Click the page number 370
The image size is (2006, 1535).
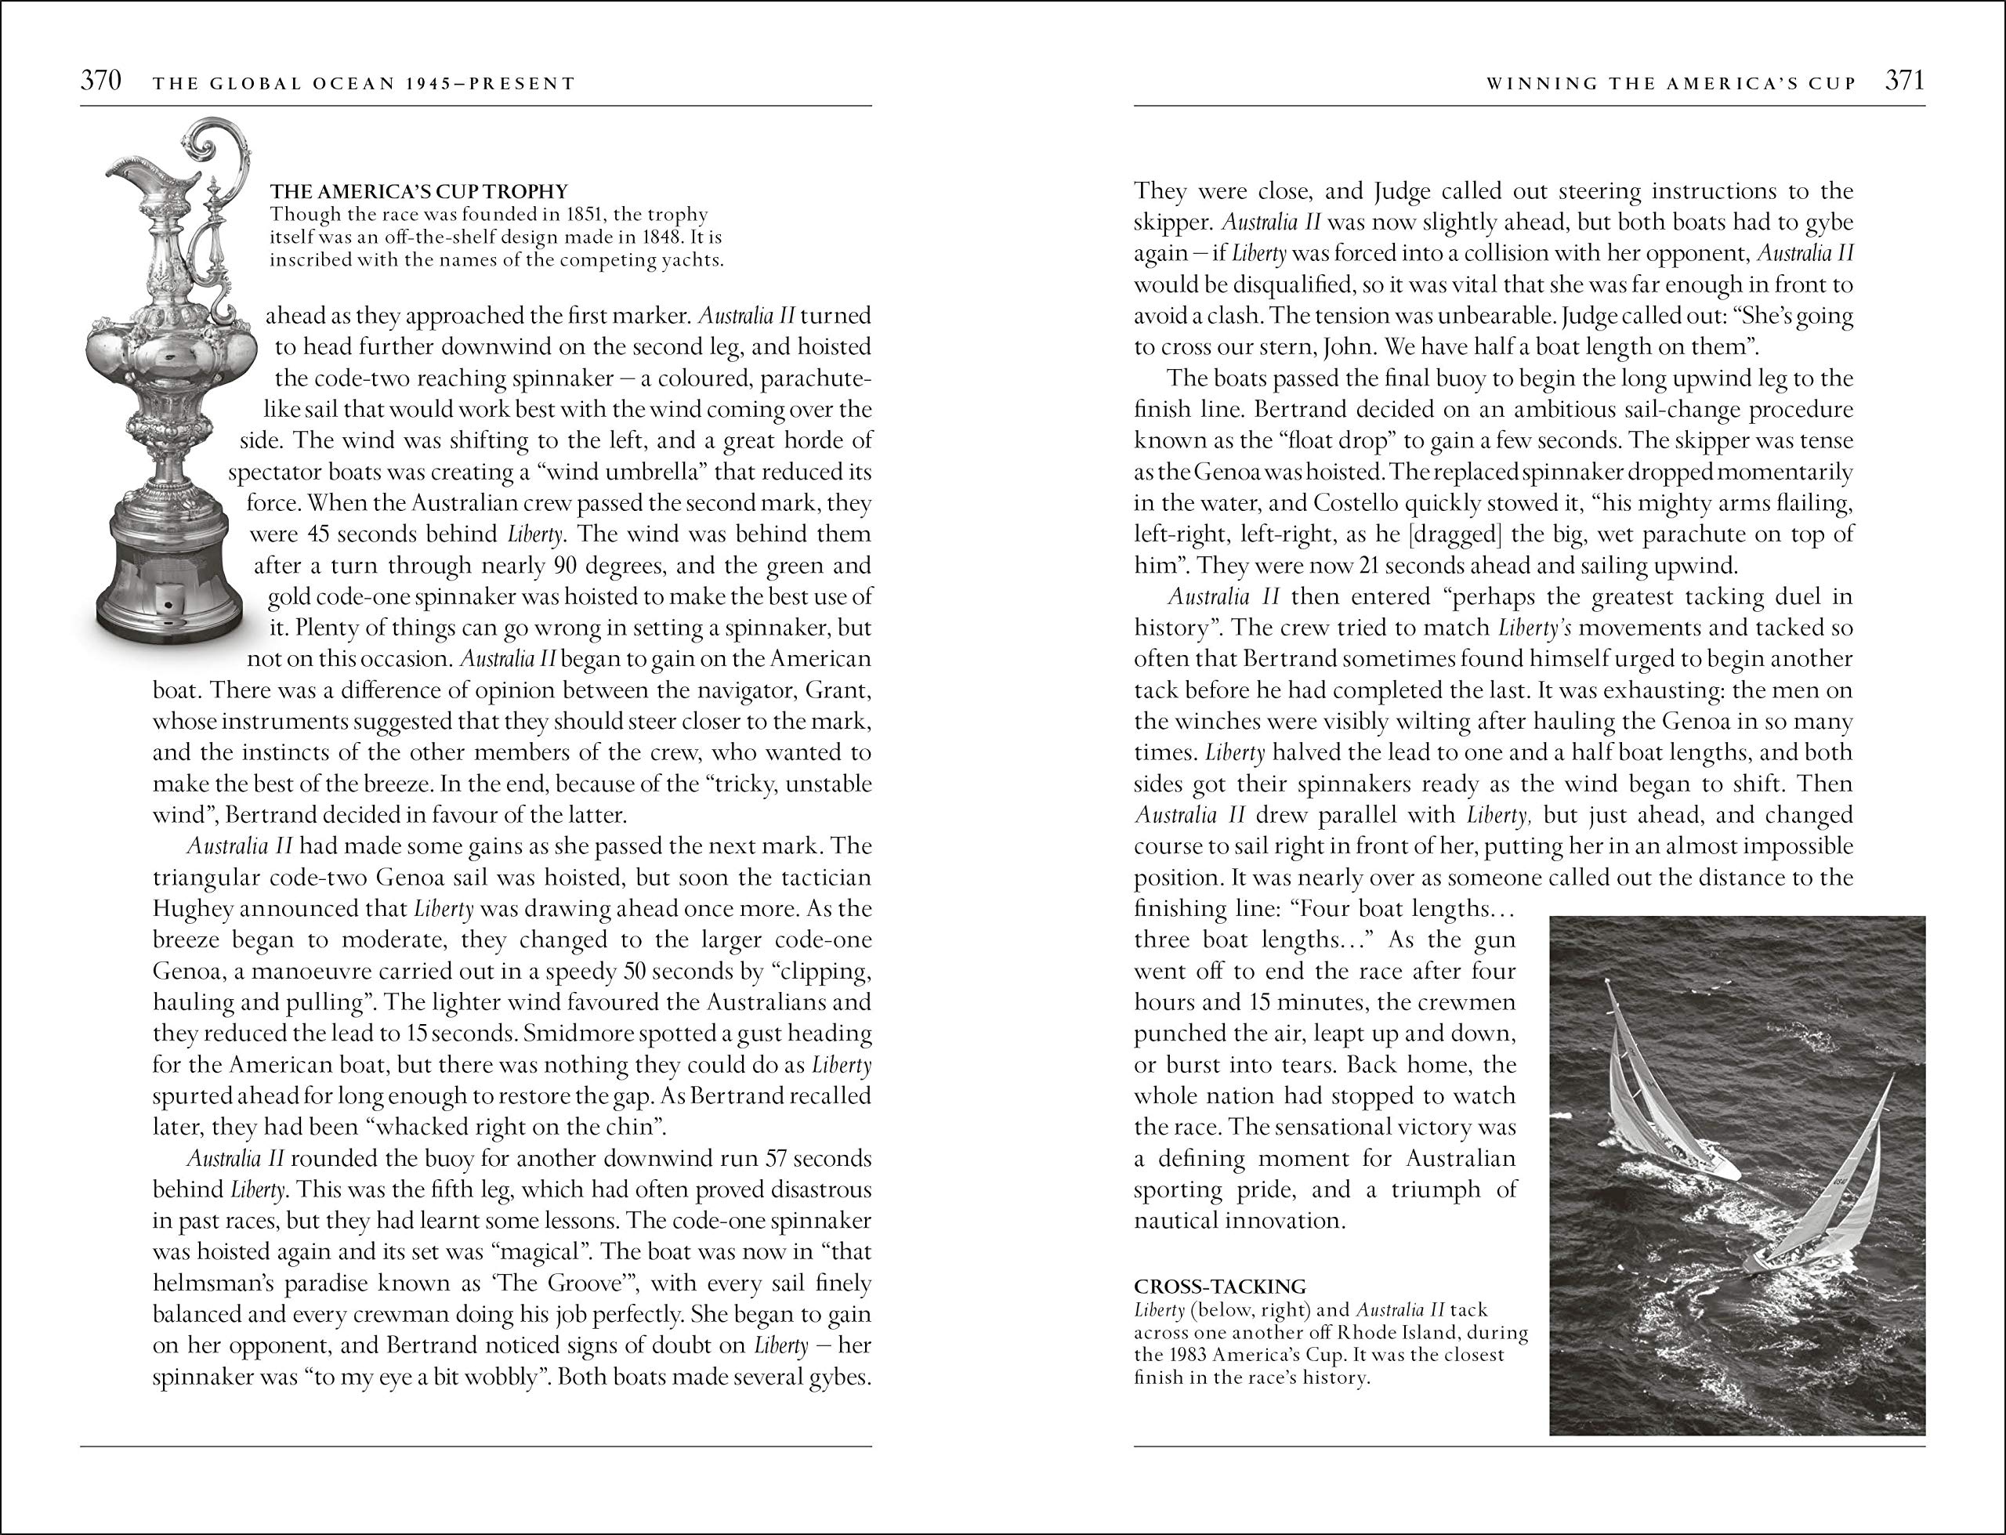tap(100, 81)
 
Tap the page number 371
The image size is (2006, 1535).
tap(1905, 81)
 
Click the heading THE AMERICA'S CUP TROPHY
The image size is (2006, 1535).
tap(419, 192)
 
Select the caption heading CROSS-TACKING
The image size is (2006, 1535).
tap(1219, 1287)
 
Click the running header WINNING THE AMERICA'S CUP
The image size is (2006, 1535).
tap(1671, 83)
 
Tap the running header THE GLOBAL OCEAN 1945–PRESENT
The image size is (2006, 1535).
tap(364, 84)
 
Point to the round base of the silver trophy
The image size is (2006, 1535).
tap(169, 585)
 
